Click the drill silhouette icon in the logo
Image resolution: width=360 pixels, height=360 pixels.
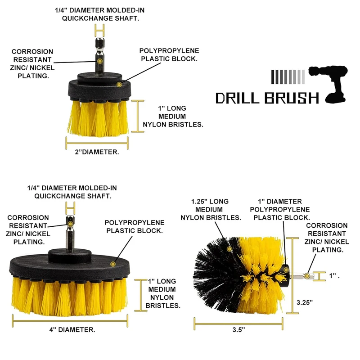[x=331, y=83]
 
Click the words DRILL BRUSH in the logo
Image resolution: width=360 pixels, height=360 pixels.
[x=267, y=98]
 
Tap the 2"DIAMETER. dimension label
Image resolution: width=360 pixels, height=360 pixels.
[x=97, y=152]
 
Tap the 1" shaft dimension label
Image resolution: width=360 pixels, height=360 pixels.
[x=333, y=276]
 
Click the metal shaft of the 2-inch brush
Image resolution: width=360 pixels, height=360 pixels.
[x=99, y=54]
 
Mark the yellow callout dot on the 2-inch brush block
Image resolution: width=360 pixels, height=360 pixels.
[x=119, y=84]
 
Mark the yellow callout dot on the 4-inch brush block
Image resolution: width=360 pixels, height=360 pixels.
[x=113, y=261]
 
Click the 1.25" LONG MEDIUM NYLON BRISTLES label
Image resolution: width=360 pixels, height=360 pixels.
[x=211, y=209]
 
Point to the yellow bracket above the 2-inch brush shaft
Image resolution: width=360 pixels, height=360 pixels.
[x=99, y=31]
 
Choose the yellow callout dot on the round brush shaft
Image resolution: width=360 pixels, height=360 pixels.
[x=306, y=275]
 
